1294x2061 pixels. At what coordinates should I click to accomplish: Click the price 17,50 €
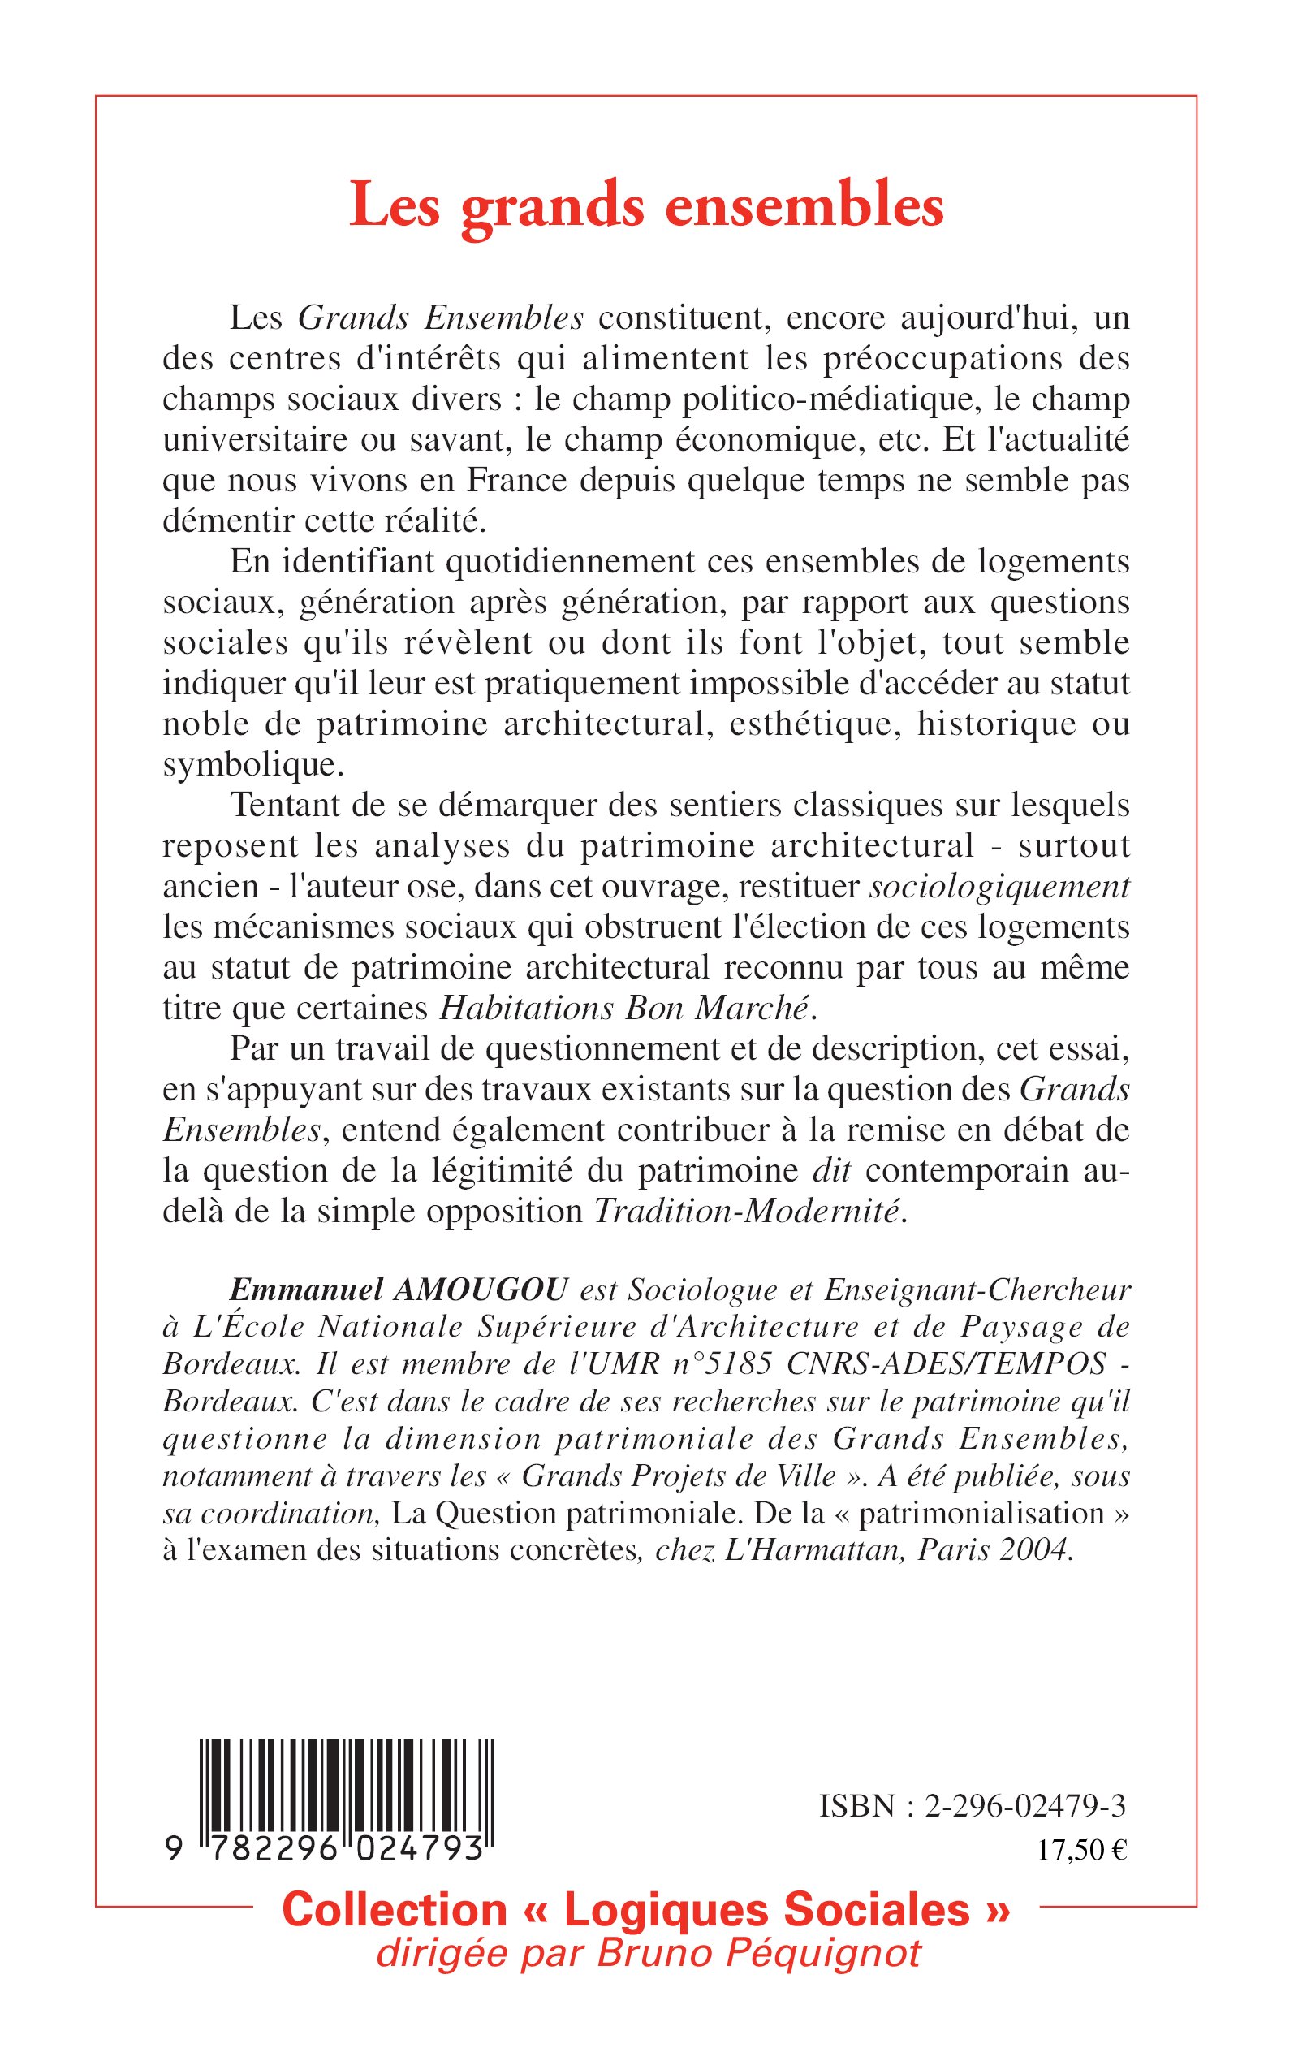[x=1082, y=1851]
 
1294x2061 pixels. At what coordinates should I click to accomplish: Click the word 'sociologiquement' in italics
[x=999, y=887]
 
